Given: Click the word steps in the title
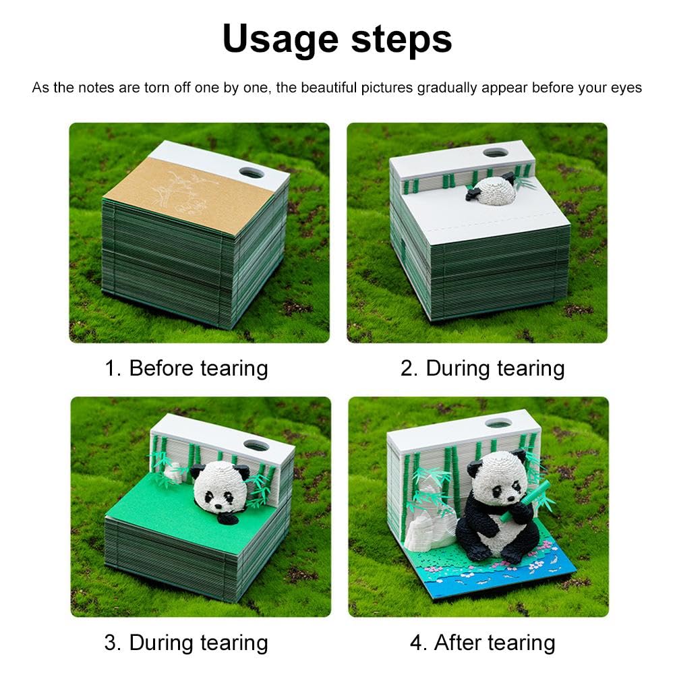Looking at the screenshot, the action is tap(401, 38).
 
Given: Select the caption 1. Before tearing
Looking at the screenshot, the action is tap(186, 368).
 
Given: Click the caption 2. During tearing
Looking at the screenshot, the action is tap(482, 368).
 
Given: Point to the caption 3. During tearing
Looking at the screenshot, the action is tap(186, 643).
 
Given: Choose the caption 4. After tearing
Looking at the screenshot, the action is tap(483, 643).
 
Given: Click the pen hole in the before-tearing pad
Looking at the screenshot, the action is tap(252, 173).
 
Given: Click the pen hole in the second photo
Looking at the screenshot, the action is tap(496, 152).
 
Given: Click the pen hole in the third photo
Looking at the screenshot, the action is tap(256, 445).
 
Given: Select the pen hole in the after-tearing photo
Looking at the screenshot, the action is tap(498, 423).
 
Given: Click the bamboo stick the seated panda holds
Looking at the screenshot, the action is tap(525, 501).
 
